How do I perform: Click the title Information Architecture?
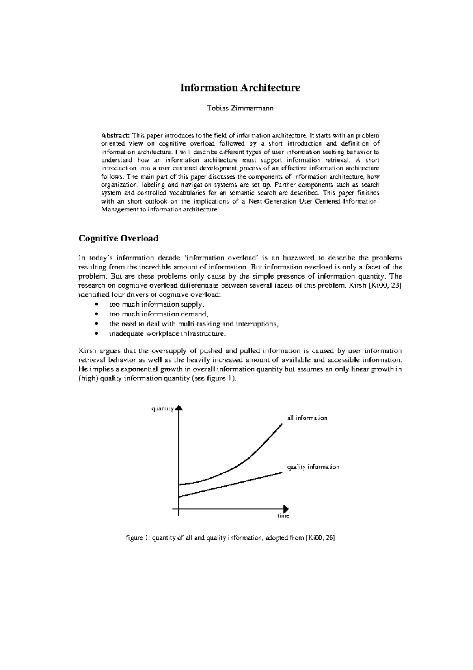pos(240,88)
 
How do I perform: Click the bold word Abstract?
pos(112,135)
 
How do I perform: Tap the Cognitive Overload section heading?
pos(119,238)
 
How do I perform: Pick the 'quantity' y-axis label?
pos(162,409)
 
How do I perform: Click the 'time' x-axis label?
pos(283,516)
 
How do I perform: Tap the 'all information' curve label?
pos(307,418)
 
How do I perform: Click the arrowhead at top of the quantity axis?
pos(179,408)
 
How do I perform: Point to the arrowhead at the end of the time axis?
pos(286,509)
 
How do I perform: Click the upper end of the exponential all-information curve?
pos(281,425)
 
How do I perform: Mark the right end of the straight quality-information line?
pos(281,472)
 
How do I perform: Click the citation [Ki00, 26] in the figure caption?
pos(320,538)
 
